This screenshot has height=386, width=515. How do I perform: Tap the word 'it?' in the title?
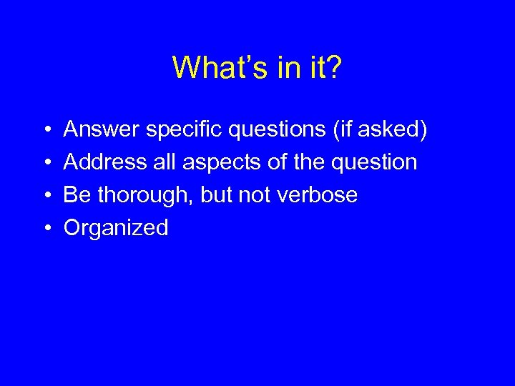(325, 68)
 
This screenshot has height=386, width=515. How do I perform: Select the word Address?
(104, 162)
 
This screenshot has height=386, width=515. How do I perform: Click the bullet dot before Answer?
(45, 130)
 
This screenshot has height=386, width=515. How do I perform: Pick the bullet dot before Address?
(45, 163)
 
